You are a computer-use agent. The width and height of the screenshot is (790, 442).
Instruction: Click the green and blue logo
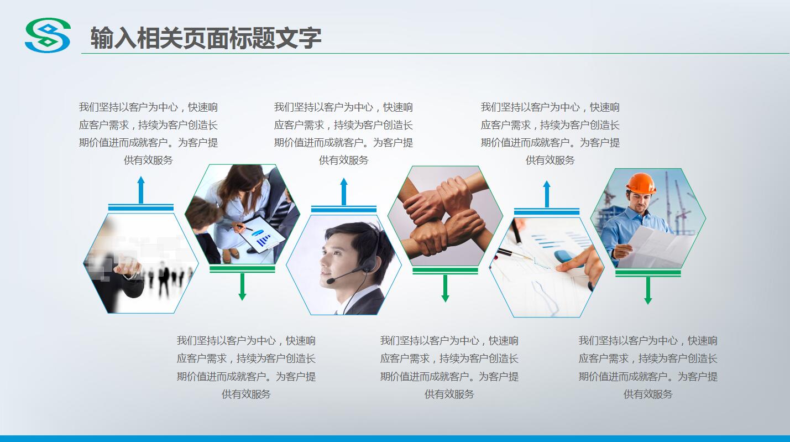click(x=48, y=35)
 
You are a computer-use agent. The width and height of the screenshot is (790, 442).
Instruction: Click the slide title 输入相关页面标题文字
click(x=206, y=38)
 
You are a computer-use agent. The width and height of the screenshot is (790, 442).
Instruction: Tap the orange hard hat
click(x=641, y=183)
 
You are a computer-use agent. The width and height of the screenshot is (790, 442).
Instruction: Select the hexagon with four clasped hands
click(x=445, y=216)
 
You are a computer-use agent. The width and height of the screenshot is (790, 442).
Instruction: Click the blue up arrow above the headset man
click(x=344, y=191)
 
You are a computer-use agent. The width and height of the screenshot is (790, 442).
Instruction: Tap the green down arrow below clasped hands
click(x=445, y=288)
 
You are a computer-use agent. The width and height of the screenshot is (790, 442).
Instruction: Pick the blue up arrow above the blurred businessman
click(x=141, y=190)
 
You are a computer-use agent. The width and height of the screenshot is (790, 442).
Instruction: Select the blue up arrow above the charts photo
click(x=547, y=194)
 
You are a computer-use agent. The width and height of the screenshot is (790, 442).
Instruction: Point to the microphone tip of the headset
click(x=329, y=282)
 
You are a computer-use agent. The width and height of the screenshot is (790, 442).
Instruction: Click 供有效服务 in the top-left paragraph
click(x=148, y=160)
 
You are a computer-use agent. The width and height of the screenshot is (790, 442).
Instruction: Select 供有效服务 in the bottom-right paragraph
click(x=648, y=394)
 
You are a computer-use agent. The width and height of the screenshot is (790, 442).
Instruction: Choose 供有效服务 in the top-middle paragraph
click(x=343, y=160)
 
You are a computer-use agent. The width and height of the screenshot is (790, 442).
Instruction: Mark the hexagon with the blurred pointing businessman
click(x=140, y=263)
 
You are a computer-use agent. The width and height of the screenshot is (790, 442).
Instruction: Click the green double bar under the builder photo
click(x=648, y=273)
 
